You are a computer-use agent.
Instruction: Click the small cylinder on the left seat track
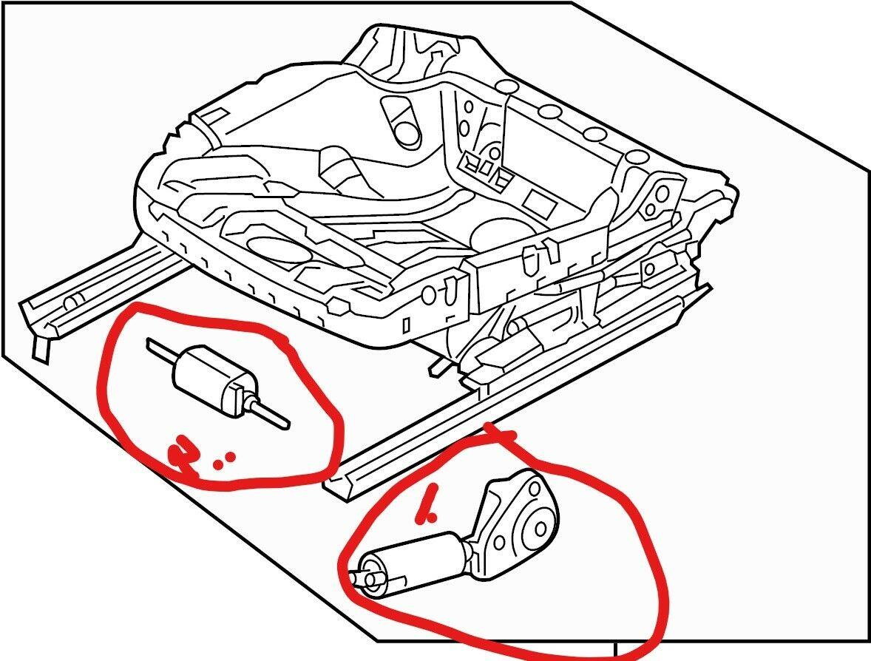72,303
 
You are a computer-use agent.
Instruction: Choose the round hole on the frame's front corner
428,295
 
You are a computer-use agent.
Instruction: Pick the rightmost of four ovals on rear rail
635,157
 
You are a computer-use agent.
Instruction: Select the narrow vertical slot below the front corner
406,325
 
